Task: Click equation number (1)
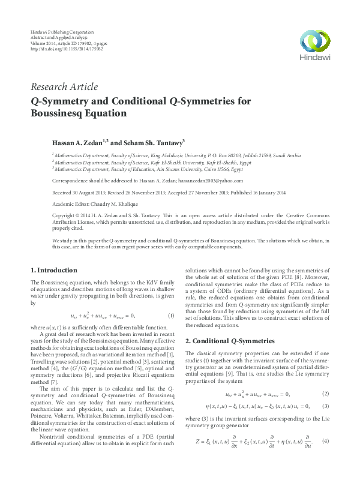tap(171, 316)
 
